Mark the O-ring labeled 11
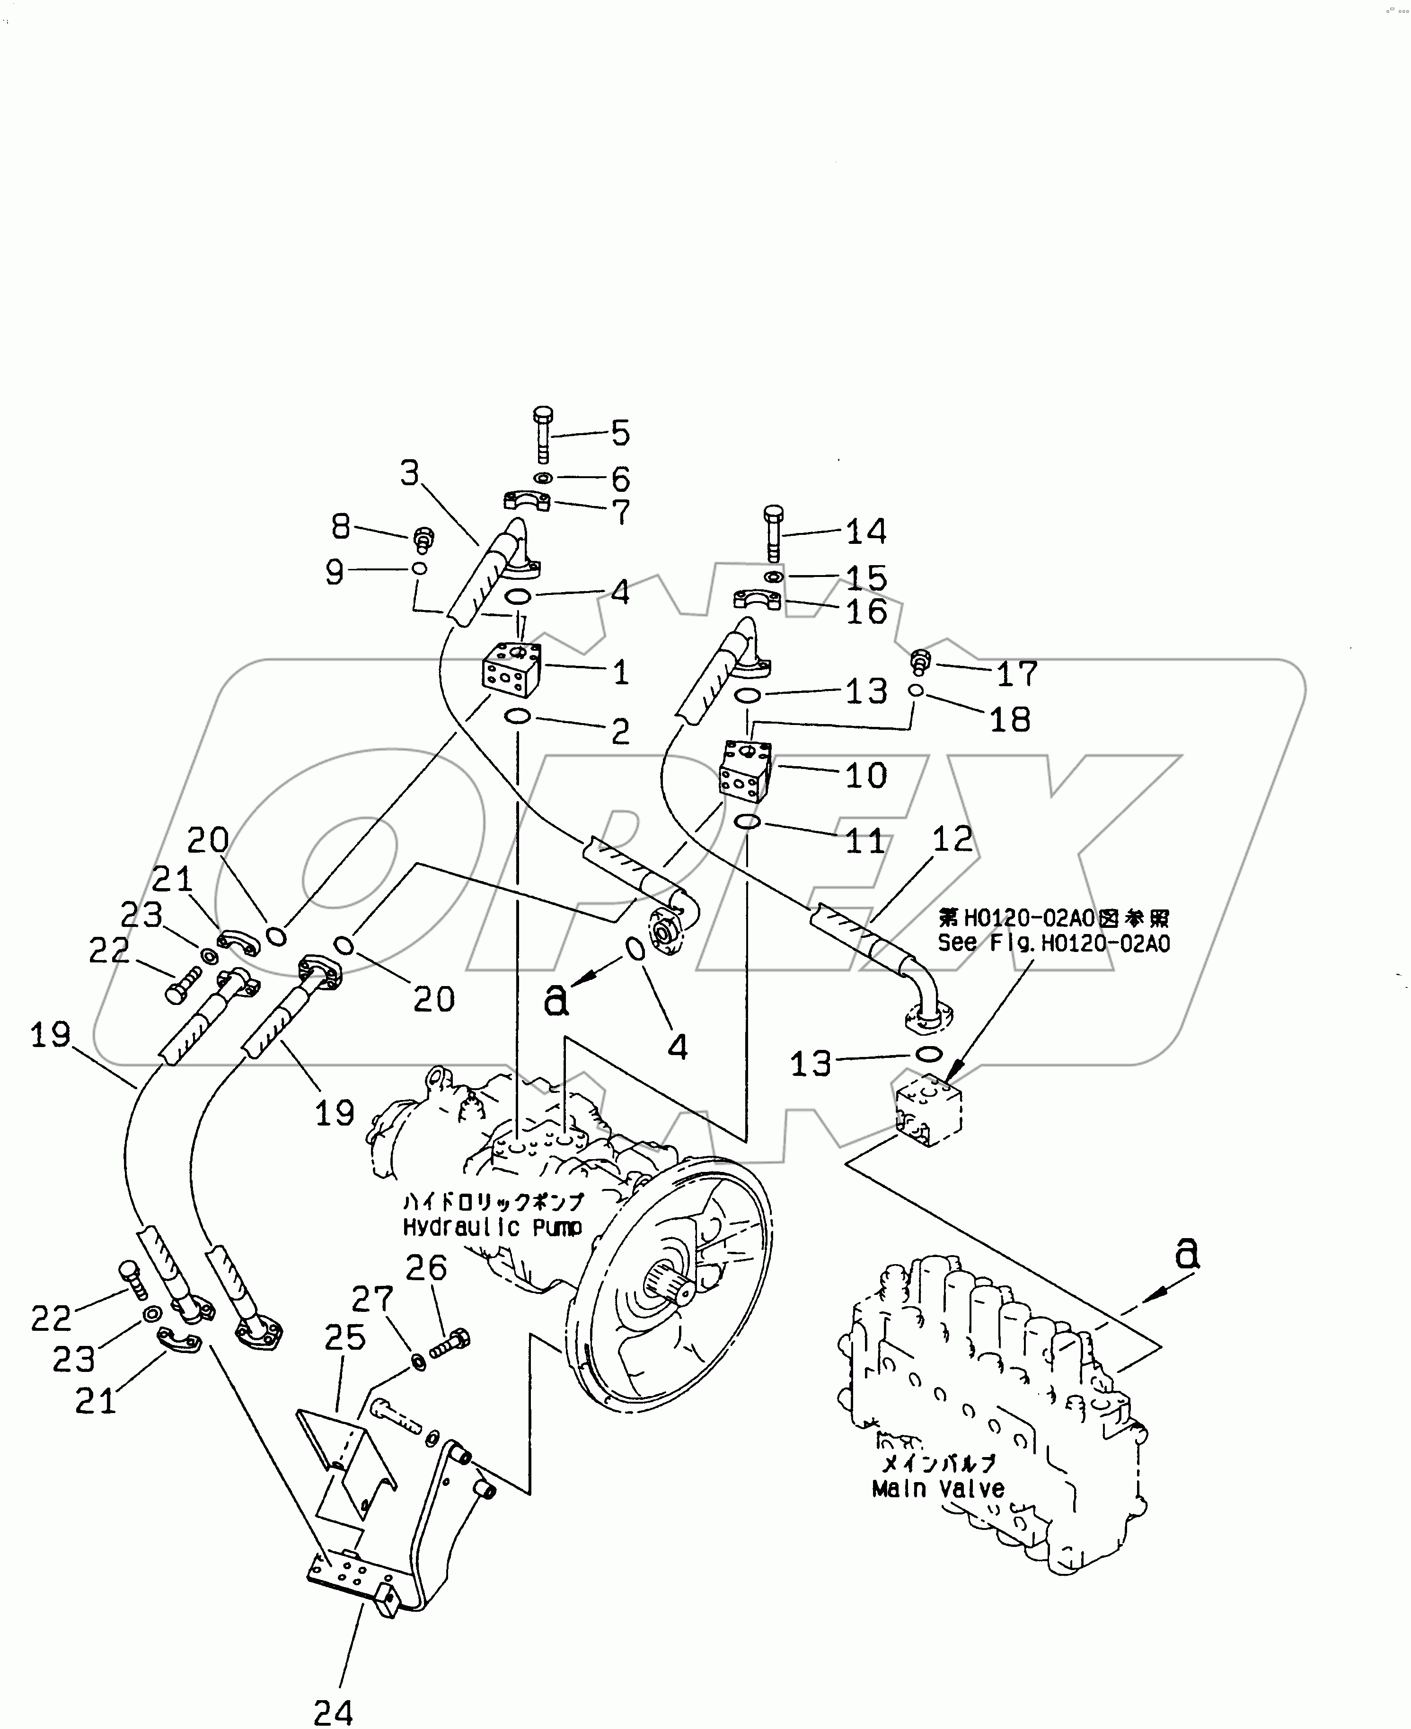pyautogui.click(x=747, y=822)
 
